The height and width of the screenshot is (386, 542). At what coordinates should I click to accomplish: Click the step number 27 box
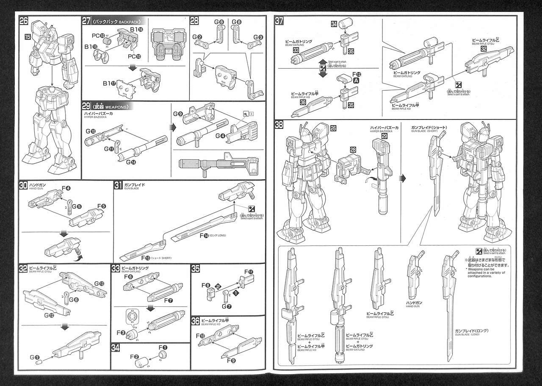[x=86, y=21]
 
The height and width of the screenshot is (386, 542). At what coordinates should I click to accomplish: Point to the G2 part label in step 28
[x=198, y=37]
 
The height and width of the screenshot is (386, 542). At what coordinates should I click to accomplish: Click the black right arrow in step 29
[x=172, y=127]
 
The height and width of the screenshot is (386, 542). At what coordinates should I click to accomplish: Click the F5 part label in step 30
[x=102, y=206]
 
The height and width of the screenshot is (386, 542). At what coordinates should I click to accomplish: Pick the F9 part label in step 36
[x=231, y=361]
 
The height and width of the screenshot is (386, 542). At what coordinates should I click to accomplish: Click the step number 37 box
[x=279, y=21]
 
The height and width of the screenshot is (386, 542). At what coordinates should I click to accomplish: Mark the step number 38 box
[x=279, y=125]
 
